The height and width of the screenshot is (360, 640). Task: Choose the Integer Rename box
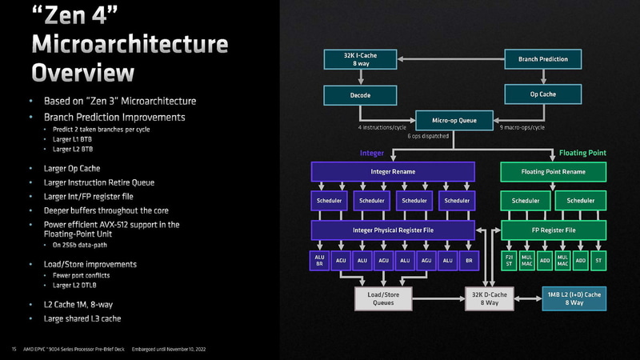tap(393, 171)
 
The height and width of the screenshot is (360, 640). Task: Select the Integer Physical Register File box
tap(393, 230)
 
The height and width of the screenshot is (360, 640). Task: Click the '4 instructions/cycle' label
tap(383, 127)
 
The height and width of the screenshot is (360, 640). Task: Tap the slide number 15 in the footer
tap(14, 349)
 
